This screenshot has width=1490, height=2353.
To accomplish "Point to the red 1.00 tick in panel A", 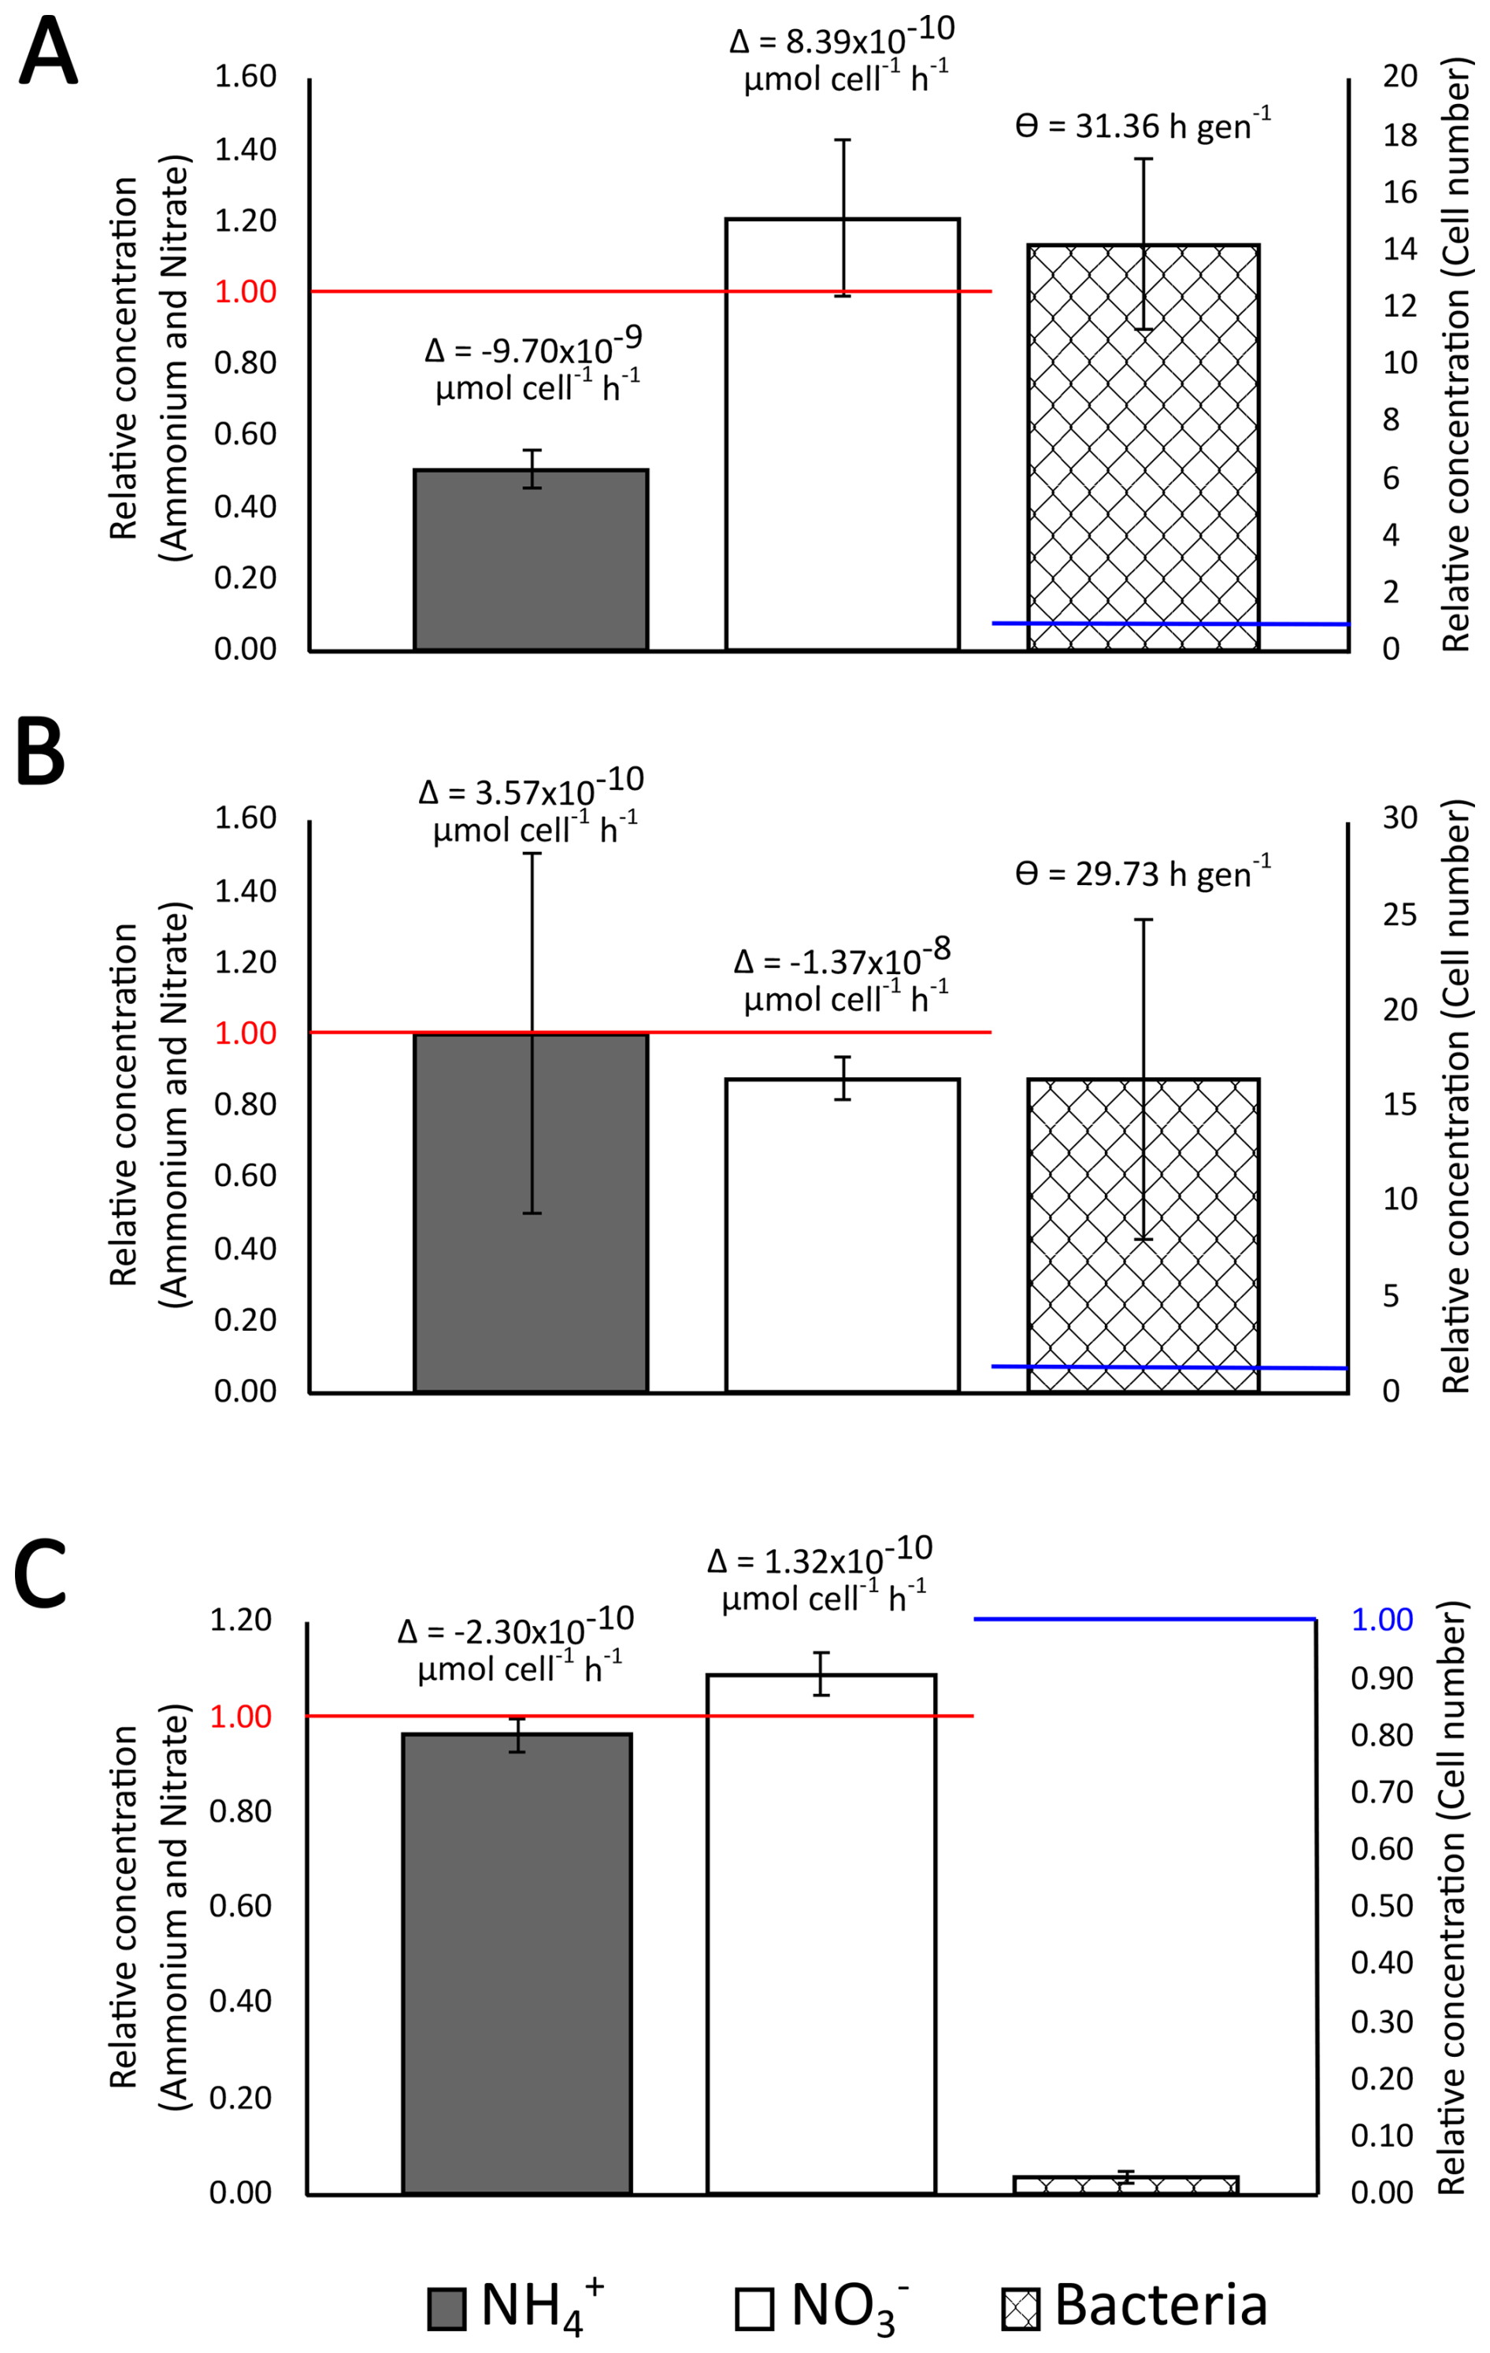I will [x=245, y=291].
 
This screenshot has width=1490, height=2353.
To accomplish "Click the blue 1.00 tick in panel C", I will [x=1381, y=1620].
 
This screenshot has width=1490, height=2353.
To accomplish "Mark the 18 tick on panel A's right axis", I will [x=1399, y=134].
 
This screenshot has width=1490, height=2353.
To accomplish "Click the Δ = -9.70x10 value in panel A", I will [x=533, y=349].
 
